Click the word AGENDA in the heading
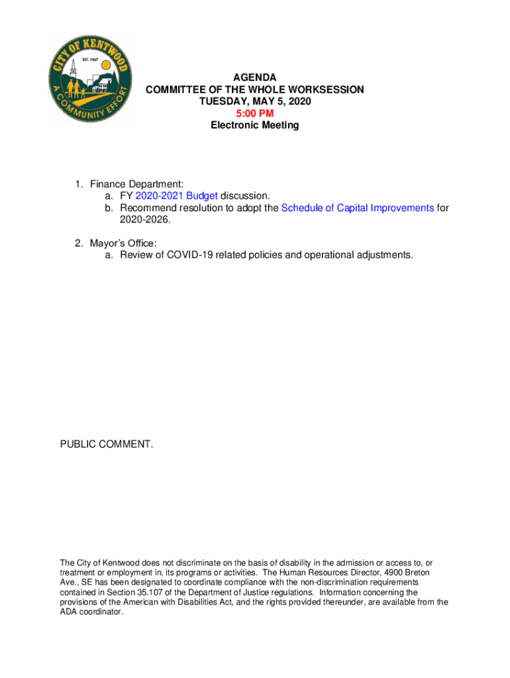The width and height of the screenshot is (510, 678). click(x=255, y=78)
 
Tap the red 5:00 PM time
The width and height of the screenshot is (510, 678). click(x=255, y=113)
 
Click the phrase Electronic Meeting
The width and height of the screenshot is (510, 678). click(x=255, y=125)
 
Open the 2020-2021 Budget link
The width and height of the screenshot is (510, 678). click(x=176, y=196)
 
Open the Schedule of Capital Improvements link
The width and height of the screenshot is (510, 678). click(x=358, y=208)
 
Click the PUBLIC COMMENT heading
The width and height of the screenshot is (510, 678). click(x=107, y=444)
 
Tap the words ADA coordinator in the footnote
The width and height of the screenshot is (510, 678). click(x=91, y=612)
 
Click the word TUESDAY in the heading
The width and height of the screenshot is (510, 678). click(x=222, y=102)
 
